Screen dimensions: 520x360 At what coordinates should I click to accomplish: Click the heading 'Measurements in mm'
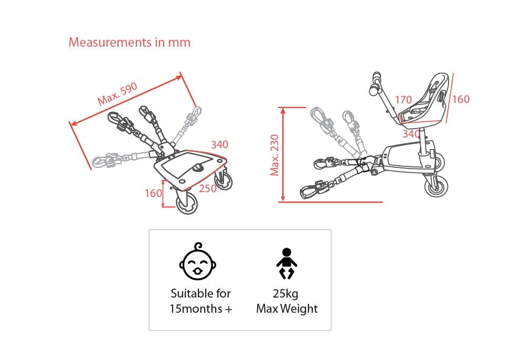click(x=129, y=43)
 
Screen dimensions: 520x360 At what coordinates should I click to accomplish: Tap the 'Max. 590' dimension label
click(x=118, y=93)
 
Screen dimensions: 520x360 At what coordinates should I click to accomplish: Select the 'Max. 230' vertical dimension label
click(x=274, y=155)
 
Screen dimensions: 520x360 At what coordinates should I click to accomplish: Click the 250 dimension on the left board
click(x=208, y=188)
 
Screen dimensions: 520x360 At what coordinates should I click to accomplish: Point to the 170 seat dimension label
click(x=404, y=100)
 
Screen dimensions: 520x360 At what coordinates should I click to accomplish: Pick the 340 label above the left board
click(x=219, y=144)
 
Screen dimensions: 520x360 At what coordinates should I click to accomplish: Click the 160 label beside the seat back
click(x=461, y=99)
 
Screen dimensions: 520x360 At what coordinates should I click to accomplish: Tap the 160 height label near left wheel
click(x=153, y=193)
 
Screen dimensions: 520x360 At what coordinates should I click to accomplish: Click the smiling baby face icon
click(x=198, y=261)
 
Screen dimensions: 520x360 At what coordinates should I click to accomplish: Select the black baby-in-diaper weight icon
click(x=287, y=264)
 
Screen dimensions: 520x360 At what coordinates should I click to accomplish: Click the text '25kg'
click(x=285, y=294)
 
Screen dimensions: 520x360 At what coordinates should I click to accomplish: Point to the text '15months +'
click(x=200, y=309)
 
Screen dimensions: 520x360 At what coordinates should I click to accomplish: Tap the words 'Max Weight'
click(x=287, y=309)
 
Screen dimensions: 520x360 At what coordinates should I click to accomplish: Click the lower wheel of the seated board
click(x=437, y=186)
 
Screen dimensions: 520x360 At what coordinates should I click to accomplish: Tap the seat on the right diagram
click(x=424, y=100)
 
